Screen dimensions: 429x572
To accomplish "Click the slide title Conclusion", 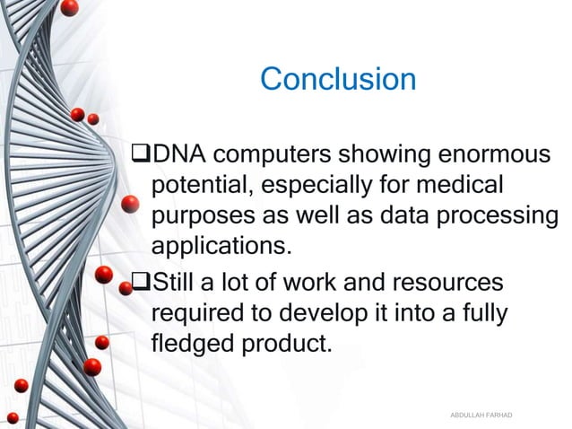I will point(338,80).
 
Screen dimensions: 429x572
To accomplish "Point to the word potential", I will point(196,188).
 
